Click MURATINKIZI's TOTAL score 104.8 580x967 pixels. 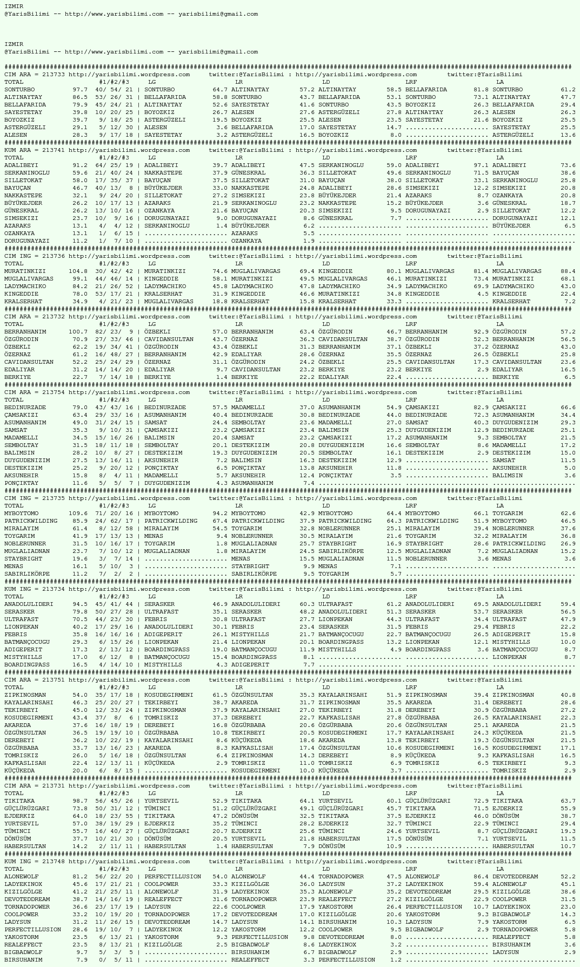pyautogui.click(x=78, y=271)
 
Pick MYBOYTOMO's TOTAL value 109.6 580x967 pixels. pyautogui.click(x=78, y=513)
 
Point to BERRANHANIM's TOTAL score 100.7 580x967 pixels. pyautogui.click(x=78, y=332)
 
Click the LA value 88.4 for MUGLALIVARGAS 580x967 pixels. pyautogui.click(x=568, y=271)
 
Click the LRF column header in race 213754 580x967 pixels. pyautogui.click(x=411, y=400)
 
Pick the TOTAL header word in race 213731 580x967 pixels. pyautogui.click(x=14, y=793)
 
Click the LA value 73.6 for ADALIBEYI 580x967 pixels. pyautogui.click(x=568, y=165)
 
